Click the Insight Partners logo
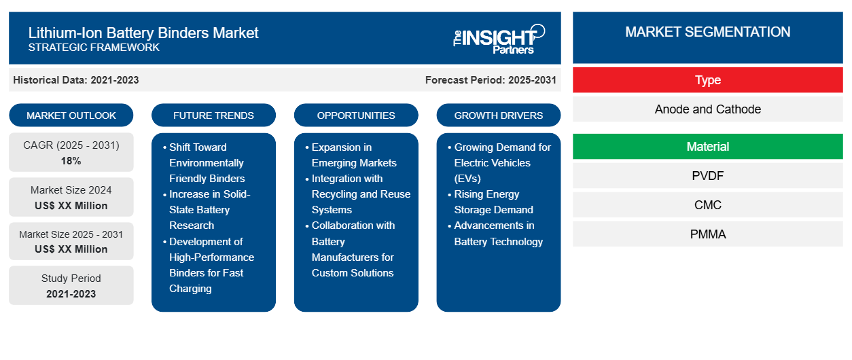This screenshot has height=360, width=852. [499, 38]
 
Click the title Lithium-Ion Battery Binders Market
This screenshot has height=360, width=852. [143, 32]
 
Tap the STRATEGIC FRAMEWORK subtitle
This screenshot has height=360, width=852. [94, 48]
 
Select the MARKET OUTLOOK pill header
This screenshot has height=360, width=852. [71, 115]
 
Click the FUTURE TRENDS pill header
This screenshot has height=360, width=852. [213, 115]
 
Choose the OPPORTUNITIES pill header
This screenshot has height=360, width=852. [356, 115]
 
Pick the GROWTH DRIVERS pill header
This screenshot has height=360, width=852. [499, 115]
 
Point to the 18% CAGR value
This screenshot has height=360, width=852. [71, 161]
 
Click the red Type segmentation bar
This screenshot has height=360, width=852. [707, 80]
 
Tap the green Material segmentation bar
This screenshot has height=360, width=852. [707, 147]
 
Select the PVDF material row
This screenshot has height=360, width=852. [707, 176]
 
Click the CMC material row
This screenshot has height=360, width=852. [707, 205]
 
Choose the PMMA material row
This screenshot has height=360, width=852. [707, 234]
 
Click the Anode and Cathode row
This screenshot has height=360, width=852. [707, 109]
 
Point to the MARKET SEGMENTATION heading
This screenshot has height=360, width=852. [707, 32]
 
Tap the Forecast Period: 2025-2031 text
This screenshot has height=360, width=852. [491, 80]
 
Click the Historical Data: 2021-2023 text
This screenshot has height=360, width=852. [76, 80]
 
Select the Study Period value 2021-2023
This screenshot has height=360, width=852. [71, 294]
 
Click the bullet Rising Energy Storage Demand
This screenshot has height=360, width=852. [493, 202]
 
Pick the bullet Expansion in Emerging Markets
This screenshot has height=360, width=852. [354, 155]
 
